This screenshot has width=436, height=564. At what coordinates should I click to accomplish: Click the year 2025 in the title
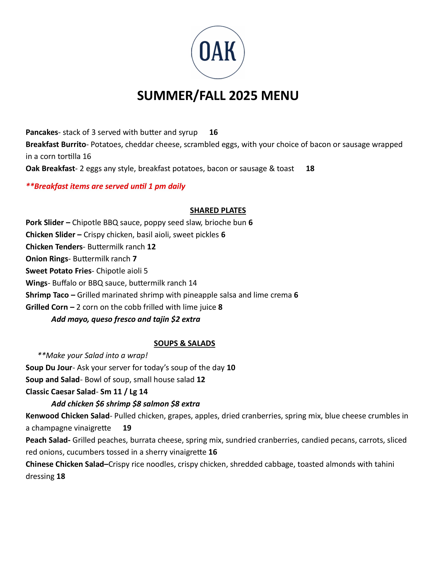pyautogui.click(x=243, y=96)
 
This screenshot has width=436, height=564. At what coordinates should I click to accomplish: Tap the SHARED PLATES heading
pyautogui.click(x=218, y=210)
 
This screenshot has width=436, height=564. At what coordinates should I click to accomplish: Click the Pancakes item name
pyautogui.click(x=42, y=132)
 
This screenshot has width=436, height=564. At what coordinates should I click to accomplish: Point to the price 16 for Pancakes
pyautogui.click(x=213, y=132)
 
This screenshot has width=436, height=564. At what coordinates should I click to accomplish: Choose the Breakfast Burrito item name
pyautogui.click(x=56, y=144)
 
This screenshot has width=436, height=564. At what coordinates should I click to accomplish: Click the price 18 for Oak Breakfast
pyautogui.click(x=310, y=169)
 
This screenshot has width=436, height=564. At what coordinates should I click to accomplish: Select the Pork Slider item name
pyautogui.click(x=45, y=223)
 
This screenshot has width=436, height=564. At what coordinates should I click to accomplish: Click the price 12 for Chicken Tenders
pyautogui.click(x=151, y=247)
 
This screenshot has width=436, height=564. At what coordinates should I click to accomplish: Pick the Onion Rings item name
pyautogui.click(x=47, y=259)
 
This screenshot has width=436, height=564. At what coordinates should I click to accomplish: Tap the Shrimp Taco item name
pyautogui.click(x=47, y=295)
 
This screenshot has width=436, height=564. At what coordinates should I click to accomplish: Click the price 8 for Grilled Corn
pyautogui.click(x=220, y=307)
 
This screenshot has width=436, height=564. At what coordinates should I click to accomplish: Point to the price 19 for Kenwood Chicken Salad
pyautogui.click(x=127, y=428)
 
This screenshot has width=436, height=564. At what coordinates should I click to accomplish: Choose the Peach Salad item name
pyautogui.click(x=48, y=440)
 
